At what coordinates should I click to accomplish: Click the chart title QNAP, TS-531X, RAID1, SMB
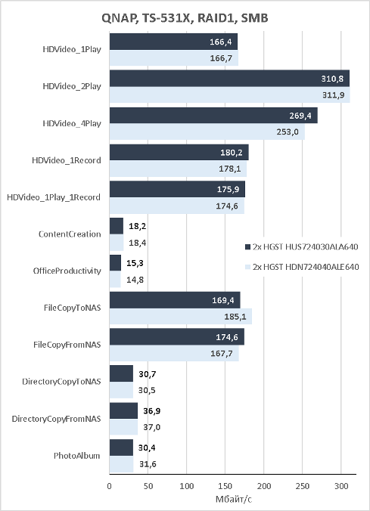point(185,18)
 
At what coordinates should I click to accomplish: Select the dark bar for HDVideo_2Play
point(229,78)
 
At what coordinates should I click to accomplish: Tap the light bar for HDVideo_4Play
point(207,132)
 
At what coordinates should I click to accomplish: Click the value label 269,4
point(300,116)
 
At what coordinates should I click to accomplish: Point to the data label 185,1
point(235,317)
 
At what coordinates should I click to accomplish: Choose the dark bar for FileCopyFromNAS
point(177,336)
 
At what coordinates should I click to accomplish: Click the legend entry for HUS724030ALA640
point(301,246)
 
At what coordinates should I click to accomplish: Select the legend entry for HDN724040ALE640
point(302,267)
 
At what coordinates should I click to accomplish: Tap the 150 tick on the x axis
point(225,486)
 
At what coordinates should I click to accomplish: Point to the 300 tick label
point(341,486)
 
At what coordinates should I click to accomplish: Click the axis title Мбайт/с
point(234,499)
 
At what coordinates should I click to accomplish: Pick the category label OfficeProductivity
point(67,271)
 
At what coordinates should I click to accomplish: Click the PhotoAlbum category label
point(77,456)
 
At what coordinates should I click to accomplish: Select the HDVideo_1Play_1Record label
point(54,197)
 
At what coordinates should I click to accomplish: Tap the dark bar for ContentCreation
point(117,226)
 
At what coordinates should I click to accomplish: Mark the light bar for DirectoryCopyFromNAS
point(123,427)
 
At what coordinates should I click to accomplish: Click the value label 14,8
point(135,280)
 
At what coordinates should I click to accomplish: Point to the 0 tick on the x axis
point(109,486)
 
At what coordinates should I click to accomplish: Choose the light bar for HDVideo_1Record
point(178,169)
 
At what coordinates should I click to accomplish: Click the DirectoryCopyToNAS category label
point(61,382)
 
